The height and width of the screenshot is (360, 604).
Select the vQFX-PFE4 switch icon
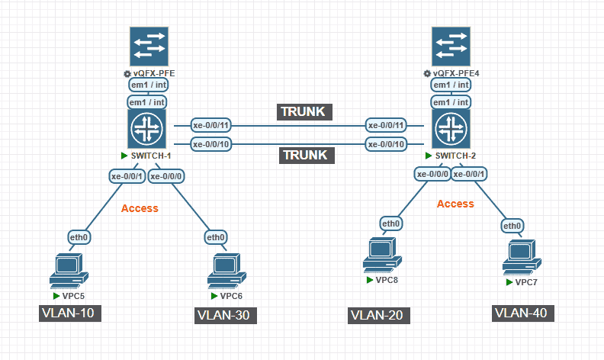[451, 47]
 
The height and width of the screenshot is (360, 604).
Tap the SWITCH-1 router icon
[149, 128]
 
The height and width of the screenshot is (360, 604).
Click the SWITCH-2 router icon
[451, 128]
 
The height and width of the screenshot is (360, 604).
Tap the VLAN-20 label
[380, 315]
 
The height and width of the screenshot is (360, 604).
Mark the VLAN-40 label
[520, 313]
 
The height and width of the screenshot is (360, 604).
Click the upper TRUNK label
[305, 111]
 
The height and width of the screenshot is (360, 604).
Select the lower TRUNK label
[305, 154]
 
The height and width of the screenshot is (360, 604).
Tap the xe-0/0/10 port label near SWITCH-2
[385, 144]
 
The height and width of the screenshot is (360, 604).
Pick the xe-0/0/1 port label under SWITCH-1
[127, 177]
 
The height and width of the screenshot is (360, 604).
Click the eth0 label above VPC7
[512, 226]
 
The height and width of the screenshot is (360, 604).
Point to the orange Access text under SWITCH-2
[455, 204]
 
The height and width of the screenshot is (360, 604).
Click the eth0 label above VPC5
[79, 237]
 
